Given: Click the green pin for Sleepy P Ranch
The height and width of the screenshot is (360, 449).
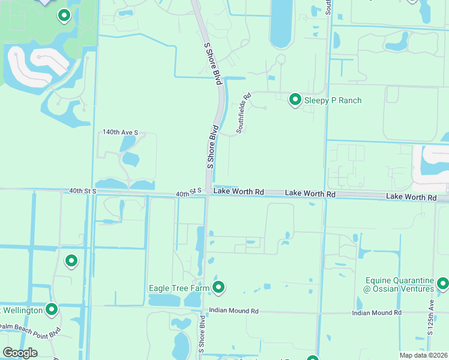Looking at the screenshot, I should coord(295,100).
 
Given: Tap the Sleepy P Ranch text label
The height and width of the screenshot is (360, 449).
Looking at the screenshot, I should coord(333,100).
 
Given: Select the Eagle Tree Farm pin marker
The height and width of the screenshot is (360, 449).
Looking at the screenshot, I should coord(219,288).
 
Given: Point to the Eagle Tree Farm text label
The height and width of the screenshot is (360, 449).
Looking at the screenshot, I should coord(179,289).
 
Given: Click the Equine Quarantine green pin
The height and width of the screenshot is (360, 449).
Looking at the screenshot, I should coord(443,282).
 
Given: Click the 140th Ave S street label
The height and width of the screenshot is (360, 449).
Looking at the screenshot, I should coord(120,132).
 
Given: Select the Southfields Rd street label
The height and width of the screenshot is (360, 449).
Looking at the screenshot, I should coord(243,113).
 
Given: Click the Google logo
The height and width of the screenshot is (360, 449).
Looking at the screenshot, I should coord(20,353).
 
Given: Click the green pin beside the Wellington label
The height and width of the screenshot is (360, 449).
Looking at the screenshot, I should coord(52,310).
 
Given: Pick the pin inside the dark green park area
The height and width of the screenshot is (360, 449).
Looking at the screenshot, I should coord(63,16).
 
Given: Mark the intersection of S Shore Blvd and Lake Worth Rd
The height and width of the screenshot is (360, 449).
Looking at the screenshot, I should coord(208,192).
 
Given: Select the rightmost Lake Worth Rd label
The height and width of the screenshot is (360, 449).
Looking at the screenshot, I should coord(411,197).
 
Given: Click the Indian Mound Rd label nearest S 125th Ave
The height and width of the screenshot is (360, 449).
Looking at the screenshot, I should coord(376,313).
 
